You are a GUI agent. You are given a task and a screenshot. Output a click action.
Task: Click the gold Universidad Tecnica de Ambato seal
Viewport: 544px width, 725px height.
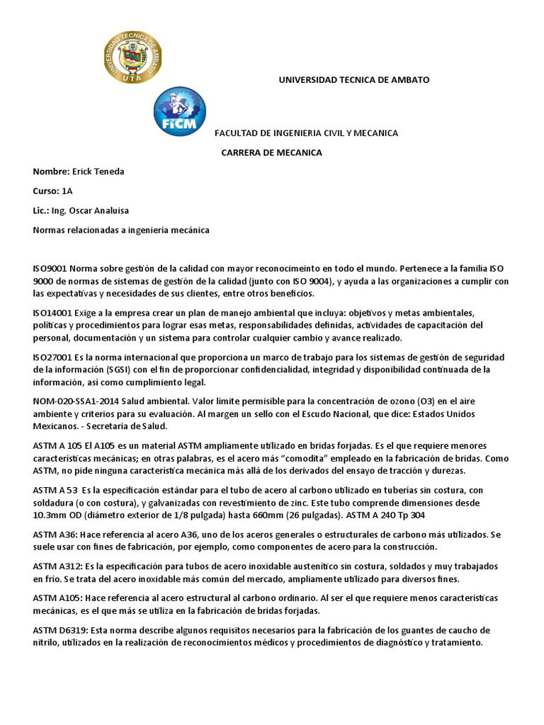[x=132, y=57]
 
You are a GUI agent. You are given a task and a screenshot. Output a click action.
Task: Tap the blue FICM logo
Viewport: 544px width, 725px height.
[x=180, y=112]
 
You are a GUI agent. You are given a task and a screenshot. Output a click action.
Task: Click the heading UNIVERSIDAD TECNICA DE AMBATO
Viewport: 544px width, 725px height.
[x=353, y=80]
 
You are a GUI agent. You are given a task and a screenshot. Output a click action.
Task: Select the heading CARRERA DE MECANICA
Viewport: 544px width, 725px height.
[x=271, y=153]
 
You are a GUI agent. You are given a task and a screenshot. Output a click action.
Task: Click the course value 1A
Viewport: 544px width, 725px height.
[x=67, y=191]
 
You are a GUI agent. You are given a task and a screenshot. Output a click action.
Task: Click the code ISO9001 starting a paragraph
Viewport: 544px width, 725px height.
[x=50, y=269]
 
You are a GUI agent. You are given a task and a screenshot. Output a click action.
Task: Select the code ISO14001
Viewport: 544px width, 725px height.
[x=52, y=312]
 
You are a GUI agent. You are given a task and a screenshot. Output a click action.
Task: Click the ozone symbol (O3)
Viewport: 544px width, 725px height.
[x=422, y=401]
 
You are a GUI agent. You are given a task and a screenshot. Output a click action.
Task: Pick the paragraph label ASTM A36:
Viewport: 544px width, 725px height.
[x=57, y=534]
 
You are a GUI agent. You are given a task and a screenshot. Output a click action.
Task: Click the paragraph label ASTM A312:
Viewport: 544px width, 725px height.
[x=59, y=566]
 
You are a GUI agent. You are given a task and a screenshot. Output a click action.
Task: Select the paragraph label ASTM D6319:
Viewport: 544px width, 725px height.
[x=62, y=630]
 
